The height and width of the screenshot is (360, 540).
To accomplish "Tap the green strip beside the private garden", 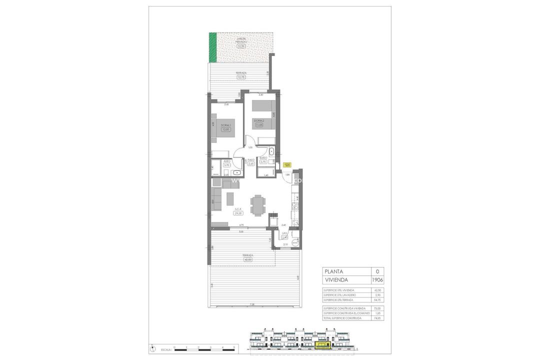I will [x=212, y=47].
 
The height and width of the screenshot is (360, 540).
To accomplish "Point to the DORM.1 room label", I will [x=225, y=125].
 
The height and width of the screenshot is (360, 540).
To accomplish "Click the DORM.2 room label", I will [x=258, y=120].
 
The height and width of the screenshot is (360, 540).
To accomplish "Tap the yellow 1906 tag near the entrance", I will [x=287, y=164].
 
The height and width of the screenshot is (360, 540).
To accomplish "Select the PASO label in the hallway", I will [x=251, y=160].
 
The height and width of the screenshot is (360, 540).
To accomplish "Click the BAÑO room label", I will [x=262, y=157].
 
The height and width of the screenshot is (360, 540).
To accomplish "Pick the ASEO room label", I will [x=226, y=161].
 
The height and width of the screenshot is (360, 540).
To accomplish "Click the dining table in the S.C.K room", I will [x=257, y=205].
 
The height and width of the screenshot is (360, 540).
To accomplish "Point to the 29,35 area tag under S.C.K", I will [x=238, y=213].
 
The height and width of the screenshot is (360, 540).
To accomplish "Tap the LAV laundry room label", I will [x=284, y=233].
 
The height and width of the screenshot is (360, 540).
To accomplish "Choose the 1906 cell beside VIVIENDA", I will [x=377, y=280].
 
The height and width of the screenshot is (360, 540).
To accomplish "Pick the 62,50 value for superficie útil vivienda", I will [x=377, y=290].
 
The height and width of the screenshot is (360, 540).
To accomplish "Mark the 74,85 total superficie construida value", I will [x=377, y=318].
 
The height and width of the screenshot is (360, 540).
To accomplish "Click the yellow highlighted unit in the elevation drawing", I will [x=323, y=345].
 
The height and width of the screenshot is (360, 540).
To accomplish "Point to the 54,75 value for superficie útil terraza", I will [x=377, y=300].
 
